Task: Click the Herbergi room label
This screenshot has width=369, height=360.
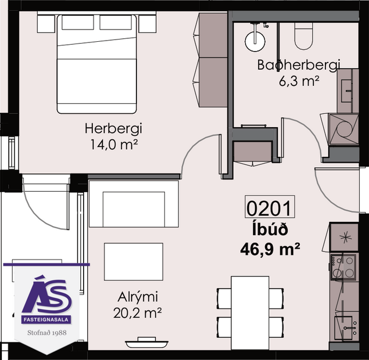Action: [x=113, y=128]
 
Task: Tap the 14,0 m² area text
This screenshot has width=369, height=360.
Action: [x=113, y=143]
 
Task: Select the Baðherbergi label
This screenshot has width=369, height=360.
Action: [x=298, y=65]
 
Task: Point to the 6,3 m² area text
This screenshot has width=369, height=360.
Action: [x=299, y=81]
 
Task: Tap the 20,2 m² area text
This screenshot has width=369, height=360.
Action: [x=137, y=313]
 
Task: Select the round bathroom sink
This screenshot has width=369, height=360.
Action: [x=255, y=39]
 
